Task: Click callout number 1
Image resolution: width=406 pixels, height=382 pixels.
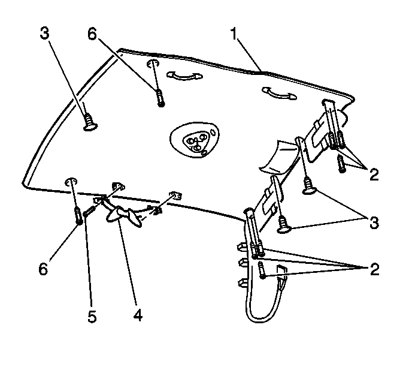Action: tap(234, 34)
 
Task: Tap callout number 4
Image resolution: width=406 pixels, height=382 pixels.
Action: tap(138, 315)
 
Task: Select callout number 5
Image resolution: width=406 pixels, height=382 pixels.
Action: tap(92, 317)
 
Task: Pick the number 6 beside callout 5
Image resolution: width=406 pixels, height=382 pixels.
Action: tap(43, 269)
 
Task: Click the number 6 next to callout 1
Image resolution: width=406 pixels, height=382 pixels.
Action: tap(92, 34)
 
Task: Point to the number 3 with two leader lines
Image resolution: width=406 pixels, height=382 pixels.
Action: tap(374, 222)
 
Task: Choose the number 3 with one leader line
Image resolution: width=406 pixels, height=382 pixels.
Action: tap(44, 34)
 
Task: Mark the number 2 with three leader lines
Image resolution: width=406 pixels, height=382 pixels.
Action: tap(374, 269)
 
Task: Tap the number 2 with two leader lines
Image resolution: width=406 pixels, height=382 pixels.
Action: tap(374, 175)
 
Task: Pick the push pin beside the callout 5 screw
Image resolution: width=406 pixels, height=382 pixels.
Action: tap(79, 215)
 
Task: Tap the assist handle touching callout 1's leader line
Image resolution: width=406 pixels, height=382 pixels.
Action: tap(279, 94)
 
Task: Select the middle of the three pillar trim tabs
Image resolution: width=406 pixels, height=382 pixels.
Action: tap(243, 263)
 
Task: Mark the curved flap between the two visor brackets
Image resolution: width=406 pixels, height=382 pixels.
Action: tap(278, 157)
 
